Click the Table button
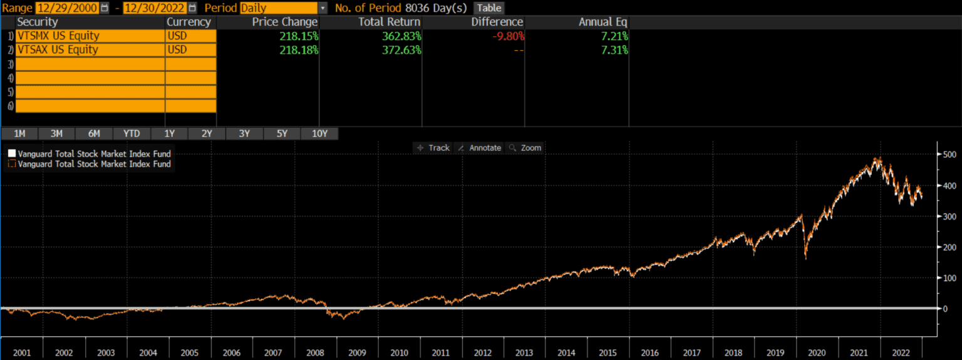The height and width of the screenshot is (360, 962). (x=489, y=8)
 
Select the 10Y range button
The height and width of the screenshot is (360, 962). (x=319, y=133)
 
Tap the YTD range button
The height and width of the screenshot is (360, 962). (x=132, y=133)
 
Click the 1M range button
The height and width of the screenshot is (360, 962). (x=19, y=133)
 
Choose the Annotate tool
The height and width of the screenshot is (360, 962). (x=480, y=148)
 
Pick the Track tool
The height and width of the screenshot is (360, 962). (x=433, y=148)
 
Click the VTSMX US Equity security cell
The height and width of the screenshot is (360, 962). (x=90, y=36)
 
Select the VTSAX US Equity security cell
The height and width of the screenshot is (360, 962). (x=90, y=49)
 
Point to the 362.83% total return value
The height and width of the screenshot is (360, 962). (x=401, y=36)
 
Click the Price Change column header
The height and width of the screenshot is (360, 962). (x=285, y=22)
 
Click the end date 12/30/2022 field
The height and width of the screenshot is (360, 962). (x=155, y=8)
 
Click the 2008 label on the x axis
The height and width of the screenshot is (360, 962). (x=316, y=353)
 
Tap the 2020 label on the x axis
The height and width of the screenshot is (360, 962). (x=817, y=353)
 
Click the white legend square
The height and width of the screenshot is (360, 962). (x=11, y=153)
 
